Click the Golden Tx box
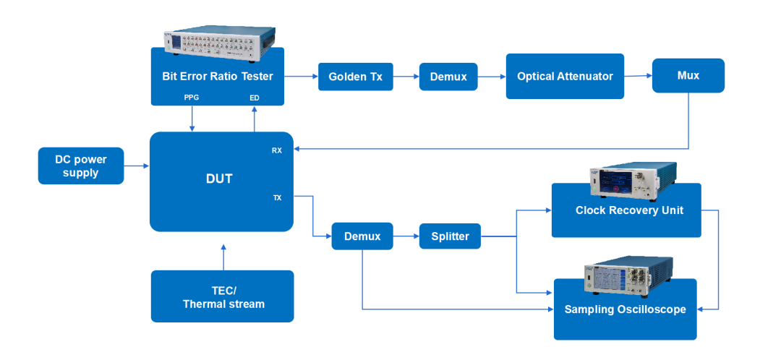355,77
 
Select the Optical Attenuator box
565,76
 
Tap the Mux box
688,75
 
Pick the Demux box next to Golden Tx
448,77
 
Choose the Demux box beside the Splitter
362,236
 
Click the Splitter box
450,236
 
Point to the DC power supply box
80,166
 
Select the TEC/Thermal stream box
223,296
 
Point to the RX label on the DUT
277,151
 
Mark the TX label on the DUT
277,197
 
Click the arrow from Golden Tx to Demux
406,76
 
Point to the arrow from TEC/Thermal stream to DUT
223,257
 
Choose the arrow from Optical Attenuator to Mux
638,75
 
